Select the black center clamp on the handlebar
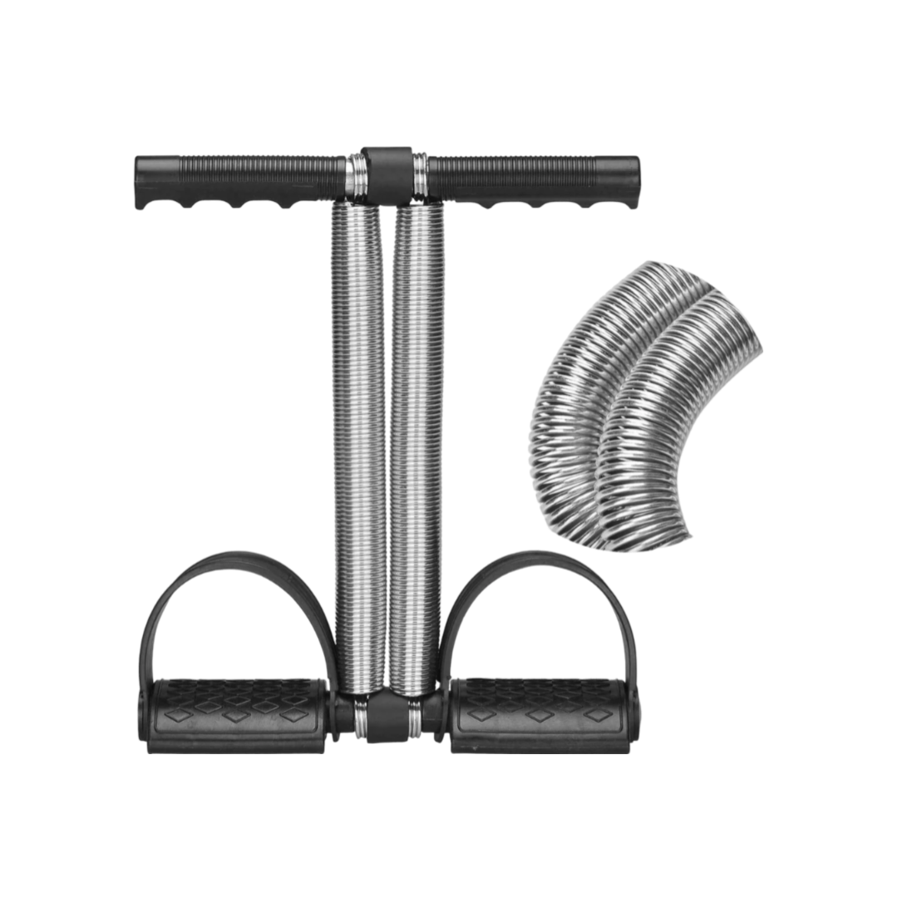coord(387,173)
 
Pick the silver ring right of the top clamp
coord(420,173)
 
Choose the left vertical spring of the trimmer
coord(358,449)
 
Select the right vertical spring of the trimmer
coord(415,449)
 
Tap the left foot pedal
coord(237,713)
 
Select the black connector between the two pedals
coord(387,715)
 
